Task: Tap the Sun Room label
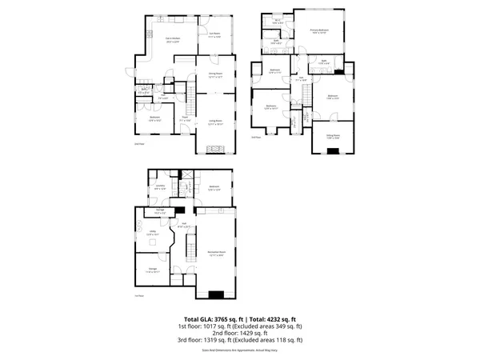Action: [x=214, y=35]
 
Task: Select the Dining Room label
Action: [x=215, y=74]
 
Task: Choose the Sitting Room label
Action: [x=333, y=137]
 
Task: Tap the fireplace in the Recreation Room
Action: [x=216, y=294]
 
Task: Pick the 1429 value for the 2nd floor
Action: [x=235, y=334]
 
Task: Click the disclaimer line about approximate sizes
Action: [x=240, y=350]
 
